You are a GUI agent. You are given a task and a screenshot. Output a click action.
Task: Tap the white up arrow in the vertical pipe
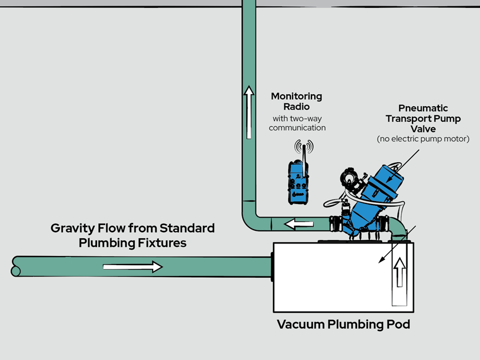click(x=249, y=111)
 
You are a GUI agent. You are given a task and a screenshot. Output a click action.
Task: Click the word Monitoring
click(x=297, y=96)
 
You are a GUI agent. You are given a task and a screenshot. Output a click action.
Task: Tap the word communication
click(x=297, y=128)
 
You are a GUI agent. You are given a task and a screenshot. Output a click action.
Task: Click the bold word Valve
click(x=423, y=130)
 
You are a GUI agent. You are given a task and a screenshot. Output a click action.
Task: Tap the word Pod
click(x=398, y=325)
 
